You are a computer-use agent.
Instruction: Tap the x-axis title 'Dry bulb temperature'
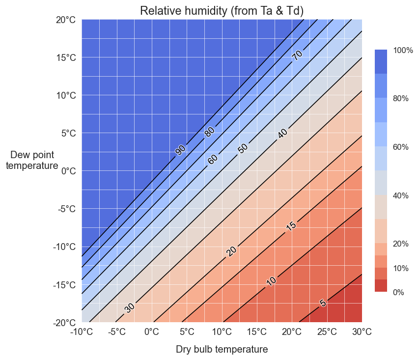(222, 350)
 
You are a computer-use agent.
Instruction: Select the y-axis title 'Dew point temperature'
(32, 160)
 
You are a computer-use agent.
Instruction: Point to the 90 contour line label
(181, 150)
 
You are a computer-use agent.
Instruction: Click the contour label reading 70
(297, 55)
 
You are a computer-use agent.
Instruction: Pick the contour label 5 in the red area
(323, 303)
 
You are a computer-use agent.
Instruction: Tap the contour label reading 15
(291, 226)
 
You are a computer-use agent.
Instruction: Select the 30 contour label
(129, 308)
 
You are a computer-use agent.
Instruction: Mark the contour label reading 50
(243, 148)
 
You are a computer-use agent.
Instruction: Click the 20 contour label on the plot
(231, 251)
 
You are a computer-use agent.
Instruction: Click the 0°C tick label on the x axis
(152, 332)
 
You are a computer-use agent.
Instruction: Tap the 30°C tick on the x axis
(362, 332)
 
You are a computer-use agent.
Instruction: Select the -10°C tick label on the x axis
(82, 332)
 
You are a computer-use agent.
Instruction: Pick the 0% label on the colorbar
(398, 292)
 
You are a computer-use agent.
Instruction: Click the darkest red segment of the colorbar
(381, 286)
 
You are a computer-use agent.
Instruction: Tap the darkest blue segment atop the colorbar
(381, 61)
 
